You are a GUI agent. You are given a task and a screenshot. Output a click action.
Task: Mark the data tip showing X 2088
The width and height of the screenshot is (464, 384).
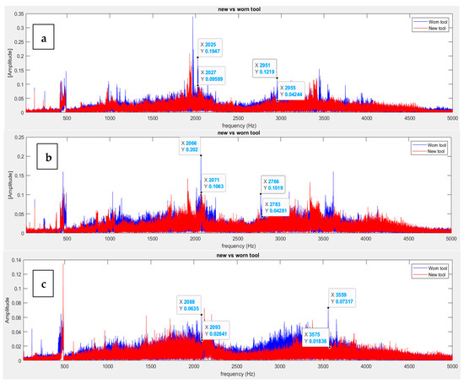click(x=191, y=305)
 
